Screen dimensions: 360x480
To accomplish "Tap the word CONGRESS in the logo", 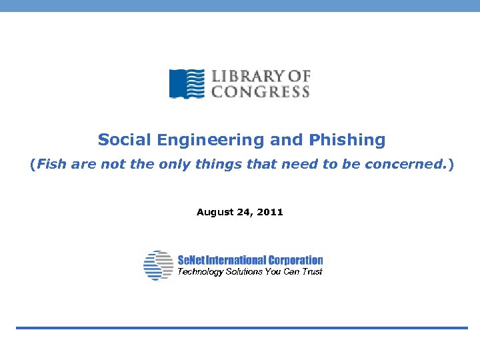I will (261, 92).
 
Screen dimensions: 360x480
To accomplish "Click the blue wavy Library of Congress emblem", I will (187, 84).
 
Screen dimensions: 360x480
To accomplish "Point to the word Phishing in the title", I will (347, 141).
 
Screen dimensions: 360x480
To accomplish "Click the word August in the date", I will (213, 212).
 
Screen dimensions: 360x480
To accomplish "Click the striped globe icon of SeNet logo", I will (158, 265).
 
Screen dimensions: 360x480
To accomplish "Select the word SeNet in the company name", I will (191, 260).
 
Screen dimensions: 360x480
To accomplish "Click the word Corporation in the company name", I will (295, 260).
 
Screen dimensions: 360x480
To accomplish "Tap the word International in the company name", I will (235, 260).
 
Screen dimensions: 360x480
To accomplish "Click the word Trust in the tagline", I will (311, 272).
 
